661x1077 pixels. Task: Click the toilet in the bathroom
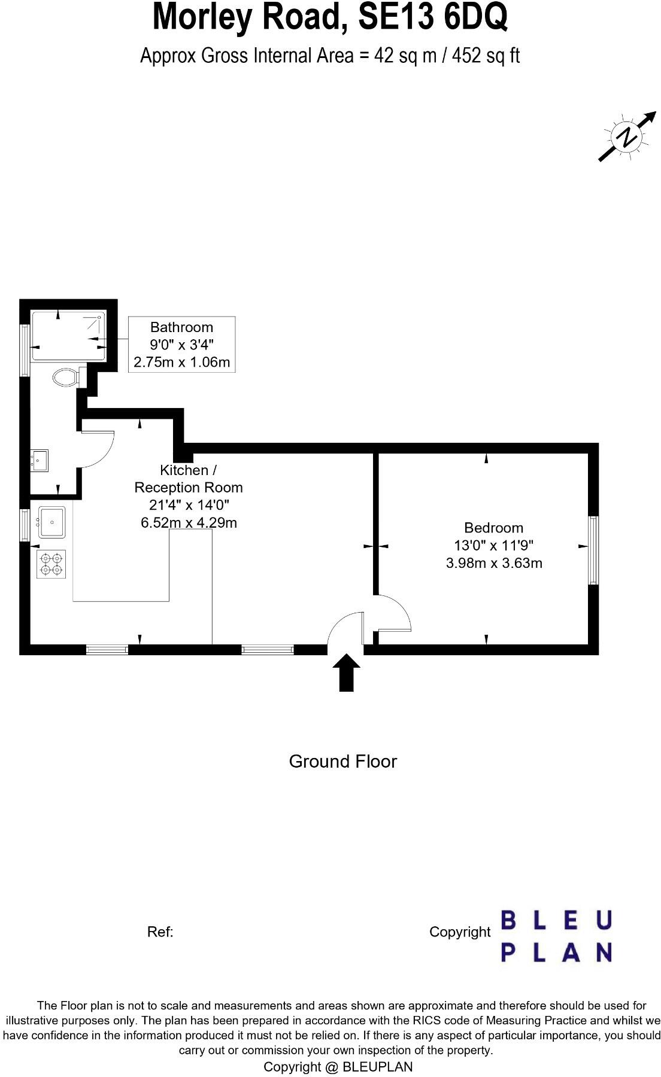[65, 378]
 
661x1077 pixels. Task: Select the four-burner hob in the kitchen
[50, 564]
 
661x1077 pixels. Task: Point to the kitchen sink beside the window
[52, 522]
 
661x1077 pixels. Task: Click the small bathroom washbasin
[40, 461]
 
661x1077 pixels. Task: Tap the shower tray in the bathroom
[68, 335]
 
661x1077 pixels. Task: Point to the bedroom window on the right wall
[593, 550]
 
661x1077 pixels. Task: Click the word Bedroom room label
[493, 528]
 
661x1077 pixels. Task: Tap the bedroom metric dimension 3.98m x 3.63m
[494, 563]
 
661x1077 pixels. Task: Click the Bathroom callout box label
[181, 327]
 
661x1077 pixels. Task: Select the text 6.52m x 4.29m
[189, 523]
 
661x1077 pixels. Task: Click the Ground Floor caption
[342, 762]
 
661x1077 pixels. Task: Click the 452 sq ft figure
[486, 56]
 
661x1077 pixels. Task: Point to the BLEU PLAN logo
[556, 936]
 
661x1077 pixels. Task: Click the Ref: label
[160, 932]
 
